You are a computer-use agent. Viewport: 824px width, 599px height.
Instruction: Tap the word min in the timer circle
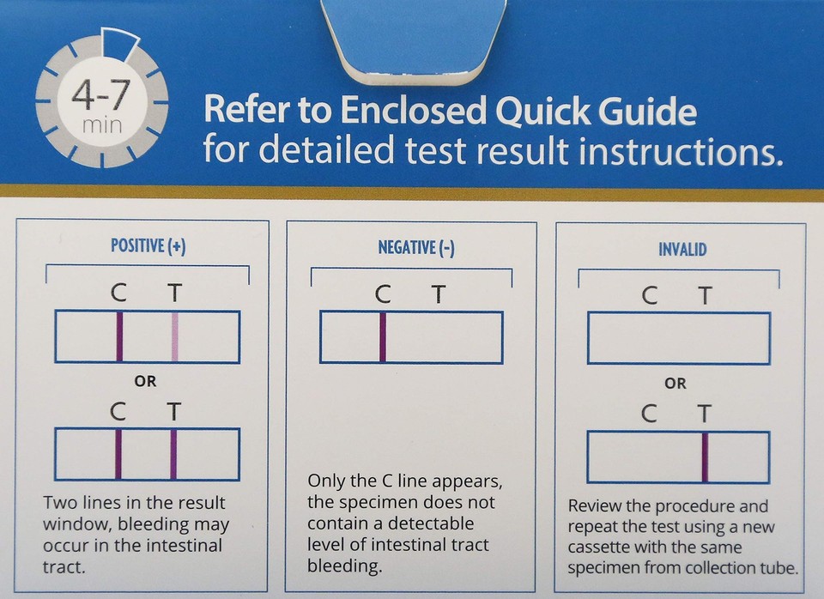(x=102, y=125)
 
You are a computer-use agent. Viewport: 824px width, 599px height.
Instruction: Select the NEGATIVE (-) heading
(x=416, y=248)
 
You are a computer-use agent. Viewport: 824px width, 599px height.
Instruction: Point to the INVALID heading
(x=682, y=249)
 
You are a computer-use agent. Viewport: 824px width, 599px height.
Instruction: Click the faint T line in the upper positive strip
(x=175, y=337)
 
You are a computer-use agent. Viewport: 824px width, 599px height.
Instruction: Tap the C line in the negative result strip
(x=383, y=337)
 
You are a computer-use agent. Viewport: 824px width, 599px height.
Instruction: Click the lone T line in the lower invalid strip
(x=706, y=457)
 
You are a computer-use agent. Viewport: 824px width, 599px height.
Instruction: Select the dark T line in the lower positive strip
(x=173, y=454)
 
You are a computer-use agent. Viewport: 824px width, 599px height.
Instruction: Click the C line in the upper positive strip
(x=119, y=337)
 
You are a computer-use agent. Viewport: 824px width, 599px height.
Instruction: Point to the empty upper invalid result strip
(x=678, y=338)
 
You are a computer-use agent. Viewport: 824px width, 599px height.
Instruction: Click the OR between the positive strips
(x=146, y=381)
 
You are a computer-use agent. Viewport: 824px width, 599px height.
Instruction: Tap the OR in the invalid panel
(x=676, y=383)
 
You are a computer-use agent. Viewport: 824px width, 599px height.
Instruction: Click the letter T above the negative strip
(x=439, y=294)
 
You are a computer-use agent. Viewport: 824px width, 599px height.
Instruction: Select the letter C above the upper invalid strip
(x=650, y=296)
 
